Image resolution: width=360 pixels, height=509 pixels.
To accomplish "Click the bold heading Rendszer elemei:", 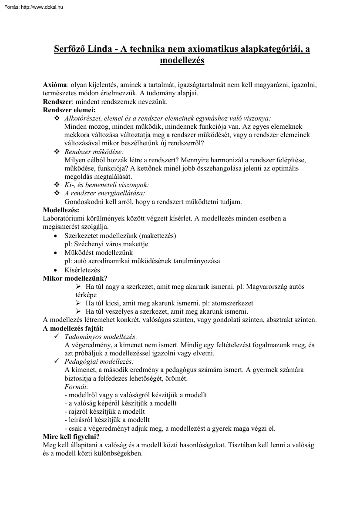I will click(69, 110).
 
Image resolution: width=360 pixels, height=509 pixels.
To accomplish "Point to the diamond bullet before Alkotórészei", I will click(57, 118).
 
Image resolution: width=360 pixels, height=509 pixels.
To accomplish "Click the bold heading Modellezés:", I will click(61, 211).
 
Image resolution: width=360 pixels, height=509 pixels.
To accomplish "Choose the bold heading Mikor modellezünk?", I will click(75, 278).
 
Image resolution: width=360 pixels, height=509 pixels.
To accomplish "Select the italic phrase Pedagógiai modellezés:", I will click(99, 362).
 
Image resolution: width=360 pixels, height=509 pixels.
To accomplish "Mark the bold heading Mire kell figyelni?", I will click(72, 437).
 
